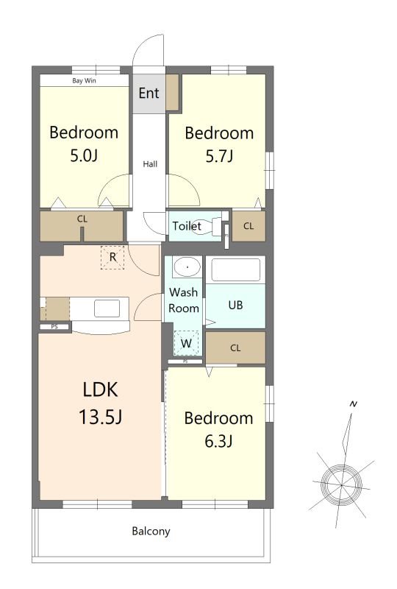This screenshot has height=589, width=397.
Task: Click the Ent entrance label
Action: pyautogui.click(x=149, y=93)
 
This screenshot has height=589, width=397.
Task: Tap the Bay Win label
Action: pyautogui.click(x=84, y=80)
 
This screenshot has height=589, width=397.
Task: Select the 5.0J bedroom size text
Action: pyautogui.click(x=84, y=155)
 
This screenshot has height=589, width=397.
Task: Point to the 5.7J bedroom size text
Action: pyautogui.click(x=220, y=155)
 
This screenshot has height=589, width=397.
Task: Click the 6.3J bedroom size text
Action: pyautogui.click(x=219, y=440)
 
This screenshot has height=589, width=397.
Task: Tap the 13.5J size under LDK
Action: pyautogui.click(x=100, y=417)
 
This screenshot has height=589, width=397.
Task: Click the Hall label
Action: pyautogui.click(x=150, y=163)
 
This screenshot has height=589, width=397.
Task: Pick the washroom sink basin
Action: pyautogui.click(x=187, y=267)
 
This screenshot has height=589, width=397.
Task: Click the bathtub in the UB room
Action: pyautogui.click(x=236, y=269)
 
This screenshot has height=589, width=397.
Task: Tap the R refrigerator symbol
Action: pyautogui.click(x=112, y=257)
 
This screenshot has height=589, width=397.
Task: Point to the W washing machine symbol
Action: pyautogui.click(x=186, y=343)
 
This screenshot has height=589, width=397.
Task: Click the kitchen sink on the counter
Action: pyautogui.click(x=107, y=308)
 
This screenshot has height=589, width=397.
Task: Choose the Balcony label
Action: pyautogui.click(x=151, y=531)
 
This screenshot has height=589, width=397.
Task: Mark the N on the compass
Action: pyautogui.click(x=353, y=404)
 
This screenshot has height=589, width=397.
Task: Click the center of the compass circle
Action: pyautogui.click(x=342, y=485)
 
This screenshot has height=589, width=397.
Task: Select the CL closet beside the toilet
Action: pyautogui.click(x=248, y=226)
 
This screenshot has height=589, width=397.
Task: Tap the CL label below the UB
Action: pyautogui.click(x=235, y=348)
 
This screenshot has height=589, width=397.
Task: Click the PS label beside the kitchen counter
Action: pyautogui.click(x=54, y=327)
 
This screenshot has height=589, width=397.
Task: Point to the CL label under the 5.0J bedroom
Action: pyautogui.click(x=82, y=219)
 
